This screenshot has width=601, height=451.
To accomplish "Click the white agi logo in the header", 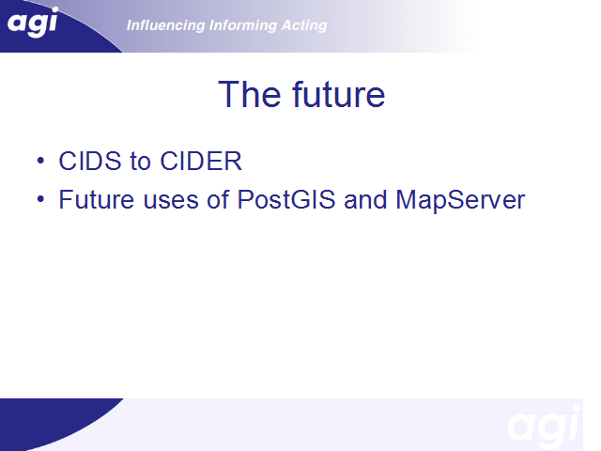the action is tap(33, 23).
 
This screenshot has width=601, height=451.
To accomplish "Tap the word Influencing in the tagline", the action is tap(165, 25).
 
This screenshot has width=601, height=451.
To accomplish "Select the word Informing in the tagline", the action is tap(242, 25).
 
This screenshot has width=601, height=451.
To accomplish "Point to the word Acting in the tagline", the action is tap(304, 25).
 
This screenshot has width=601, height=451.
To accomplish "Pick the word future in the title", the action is tap(338, 94).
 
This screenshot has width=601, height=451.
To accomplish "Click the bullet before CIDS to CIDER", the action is tap(40, 161).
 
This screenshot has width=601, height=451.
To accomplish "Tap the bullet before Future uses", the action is tap(40, 199).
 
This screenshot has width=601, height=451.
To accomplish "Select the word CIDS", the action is tap(90, 161).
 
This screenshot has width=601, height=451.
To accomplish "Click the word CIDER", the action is tap(201, 161).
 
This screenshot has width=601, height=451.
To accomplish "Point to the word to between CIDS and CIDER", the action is tap(140, 162).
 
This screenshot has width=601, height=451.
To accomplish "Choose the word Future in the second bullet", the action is tap(97, 199).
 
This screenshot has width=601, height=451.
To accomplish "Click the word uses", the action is tap(171, 201).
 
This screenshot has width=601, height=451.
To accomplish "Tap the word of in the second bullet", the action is tap(218, 199).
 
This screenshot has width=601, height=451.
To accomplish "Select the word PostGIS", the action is tap(286, 199).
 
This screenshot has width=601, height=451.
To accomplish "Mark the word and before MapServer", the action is tap(365, 199).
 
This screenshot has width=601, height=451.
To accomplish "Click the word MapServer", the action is tap(460, 200).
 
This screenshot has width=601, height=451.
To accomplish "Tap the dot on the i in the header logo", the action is tap(54, 10).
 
